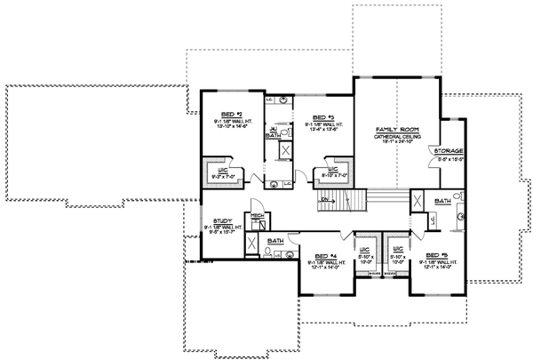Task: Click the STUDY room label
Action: [223, 220]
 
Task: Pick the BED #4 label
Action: [327, 253]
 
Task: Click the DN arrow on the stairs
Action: [325, 201]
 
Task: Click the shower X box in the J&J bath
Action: [287, 150]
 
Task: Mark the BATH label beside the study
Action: [274, 240]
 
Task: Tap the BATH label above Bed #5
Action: [442, 202]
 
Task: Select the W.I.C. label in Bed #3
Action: [330, 169]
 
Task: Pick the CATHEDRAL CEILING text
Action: [392, 135]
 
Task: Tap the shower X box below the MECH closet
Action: [252, 245]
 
